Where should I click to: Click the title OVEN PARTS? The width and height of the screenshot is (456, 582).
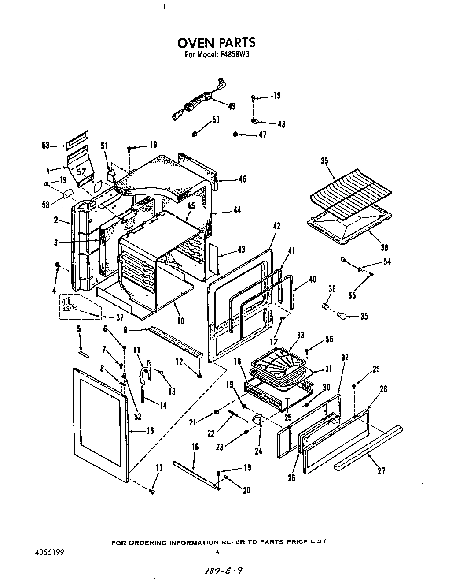216,43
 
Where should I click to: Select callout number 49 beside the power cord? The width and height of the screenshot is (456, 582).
232,106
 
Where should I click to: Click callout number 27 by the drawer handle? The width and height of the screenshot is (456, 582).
381,471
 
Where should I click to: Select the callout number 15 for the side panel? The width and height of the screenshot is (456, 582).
150,431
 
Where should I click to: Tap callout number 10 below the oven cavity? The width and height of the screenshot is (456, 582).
180,321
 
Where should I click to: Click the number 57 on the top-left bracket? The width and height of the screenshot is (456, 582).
82,172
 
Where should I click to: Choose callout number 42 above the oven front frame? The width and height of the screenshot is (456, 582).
276,226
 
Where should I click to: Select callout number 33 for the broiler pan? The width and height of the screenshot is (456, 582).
300,335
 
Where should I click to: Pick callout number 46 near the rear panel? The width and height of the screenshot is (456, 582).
242,179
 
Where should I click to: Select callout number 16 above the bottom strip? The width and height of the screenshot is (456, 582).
195,447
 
